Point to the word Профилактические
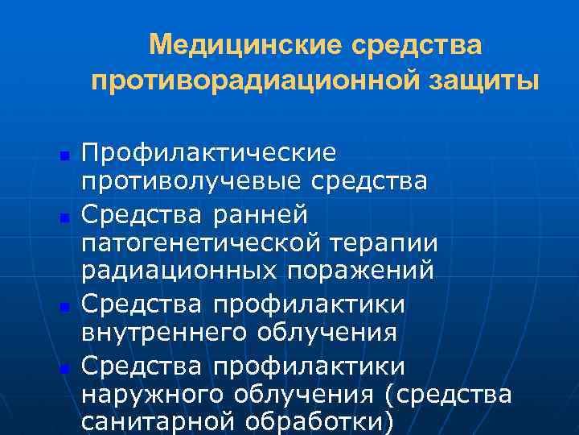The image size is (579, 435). (x=211, y=153)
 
